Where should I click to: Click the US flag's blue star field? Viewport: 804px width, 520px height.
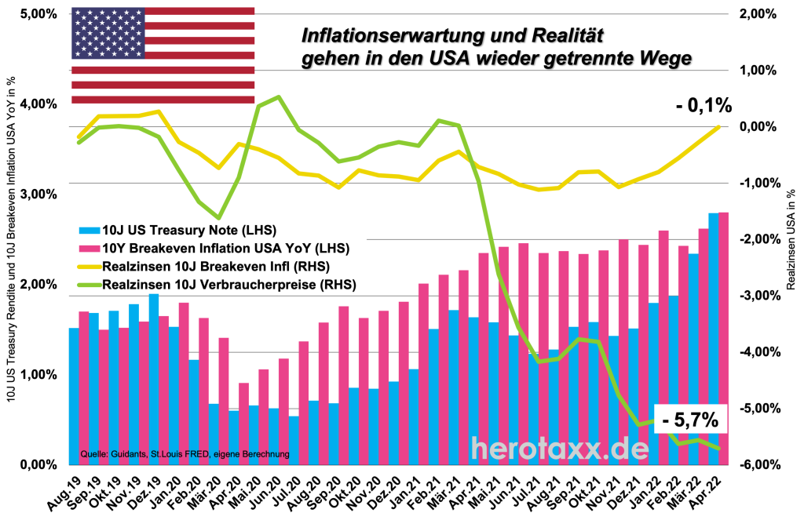[108, 33]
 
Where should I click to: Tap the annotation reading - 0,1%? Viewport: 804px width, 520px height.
[703, 105]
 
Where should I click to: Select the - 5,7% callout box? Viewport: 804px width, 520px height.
[690, 420]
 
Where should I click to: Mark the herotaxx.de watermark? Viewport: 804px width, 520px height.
[560, 448]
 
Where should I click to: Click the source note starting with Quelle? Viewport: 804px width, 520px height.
[185, 454]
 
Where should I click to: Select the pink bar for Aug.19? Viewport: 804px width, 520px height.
[84, 388]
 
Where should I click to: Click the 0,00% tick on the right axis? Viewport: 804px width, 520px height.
[758, 127]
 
